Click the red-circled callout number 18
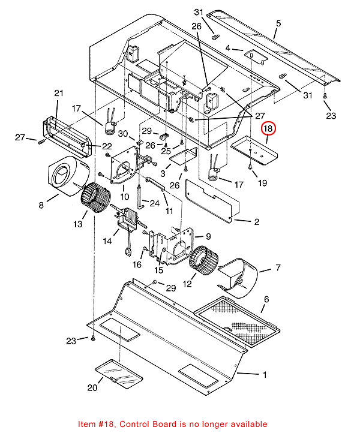tap(268, 129)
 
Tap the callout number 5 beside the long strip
tap(278, 24)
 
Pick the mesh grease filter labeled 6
tap(237, 318)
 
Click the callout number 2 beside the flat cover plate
tap(256, 222)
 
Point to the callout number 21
tap(58, 93)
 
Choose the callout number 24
tap(154, 203)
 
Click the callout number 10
tap(125, 197)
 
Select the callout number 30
tap(122, 133)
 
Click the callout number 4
tap(228, 48)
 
